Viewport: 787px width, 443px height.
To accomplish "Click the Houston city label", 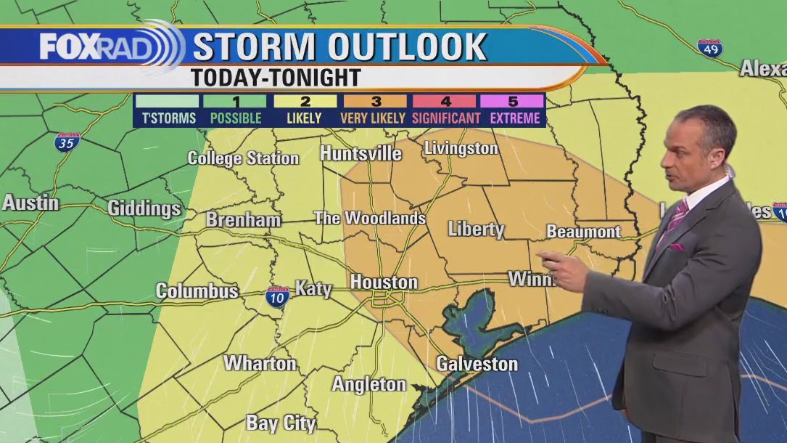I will [384, 282].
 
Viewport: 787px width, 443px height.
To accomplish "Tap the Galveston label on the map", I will [477, 364].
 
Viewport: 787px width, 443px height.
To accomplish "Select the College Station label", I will [243, 158].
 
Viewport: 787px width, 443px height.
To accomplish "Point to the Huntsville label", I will [360, 153].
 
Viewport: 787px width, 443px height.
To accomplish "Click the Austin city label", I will [30, 203].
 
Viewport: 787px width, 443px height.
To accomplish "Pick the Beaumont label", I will [583, 232].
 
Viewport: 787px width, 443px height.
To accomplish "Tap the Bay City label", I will [281, 423].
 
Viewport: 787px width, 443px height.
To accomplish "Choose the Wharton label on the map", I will [260, 363].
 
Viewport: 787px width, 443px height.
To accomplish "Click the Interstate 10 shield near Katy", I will [277, 296].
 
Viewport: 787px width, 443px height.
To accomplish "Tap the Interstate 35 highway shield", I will [67, 142].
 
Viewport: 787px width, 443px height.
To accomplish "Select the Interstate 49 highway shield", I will [709, 48].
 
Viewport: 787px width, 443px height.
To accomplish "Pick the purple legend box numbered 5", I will [515, 101].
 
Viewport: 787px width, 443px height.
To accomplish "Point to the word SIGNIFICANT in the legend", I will [446, 118].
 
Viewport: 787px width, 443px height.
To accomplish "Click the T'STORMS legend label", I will [168, 118].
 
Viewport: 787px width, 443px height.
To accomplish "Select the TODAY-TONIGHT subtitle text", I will [276, 78].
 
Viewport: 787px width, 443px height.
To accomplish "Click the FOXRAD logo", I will [98, 48].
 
